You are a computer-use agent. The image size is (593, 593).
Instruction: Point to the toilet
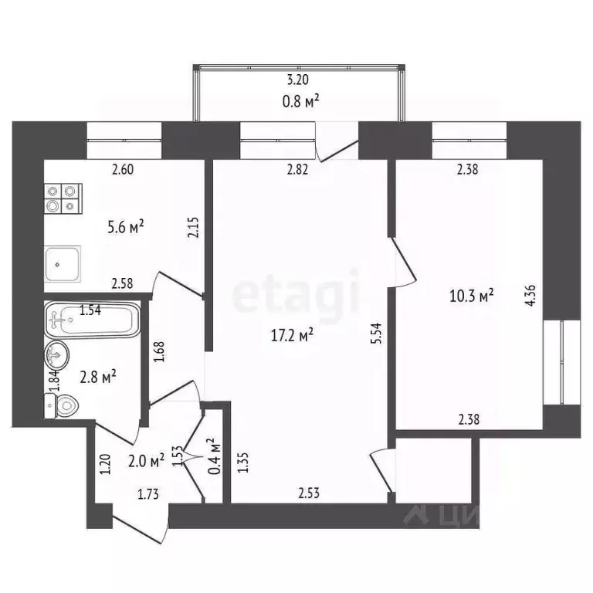point(62,404)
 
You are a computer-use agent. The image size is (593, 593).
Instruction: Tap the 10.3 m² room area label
point(471,294)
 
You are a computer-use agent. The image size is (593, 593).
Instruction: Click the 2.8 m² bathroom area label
point(98,376)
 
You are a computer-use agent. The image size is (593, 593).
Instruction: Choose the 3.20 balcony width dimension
point(300,80)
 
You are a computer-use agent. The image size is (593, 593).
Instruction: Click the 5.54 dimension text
point(376,334)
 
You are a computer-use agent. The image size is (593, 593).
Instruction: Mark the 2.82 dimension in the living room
point(297,171)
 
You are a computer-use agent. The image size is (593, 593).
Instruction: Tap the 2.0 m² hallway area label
point(146,461)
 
